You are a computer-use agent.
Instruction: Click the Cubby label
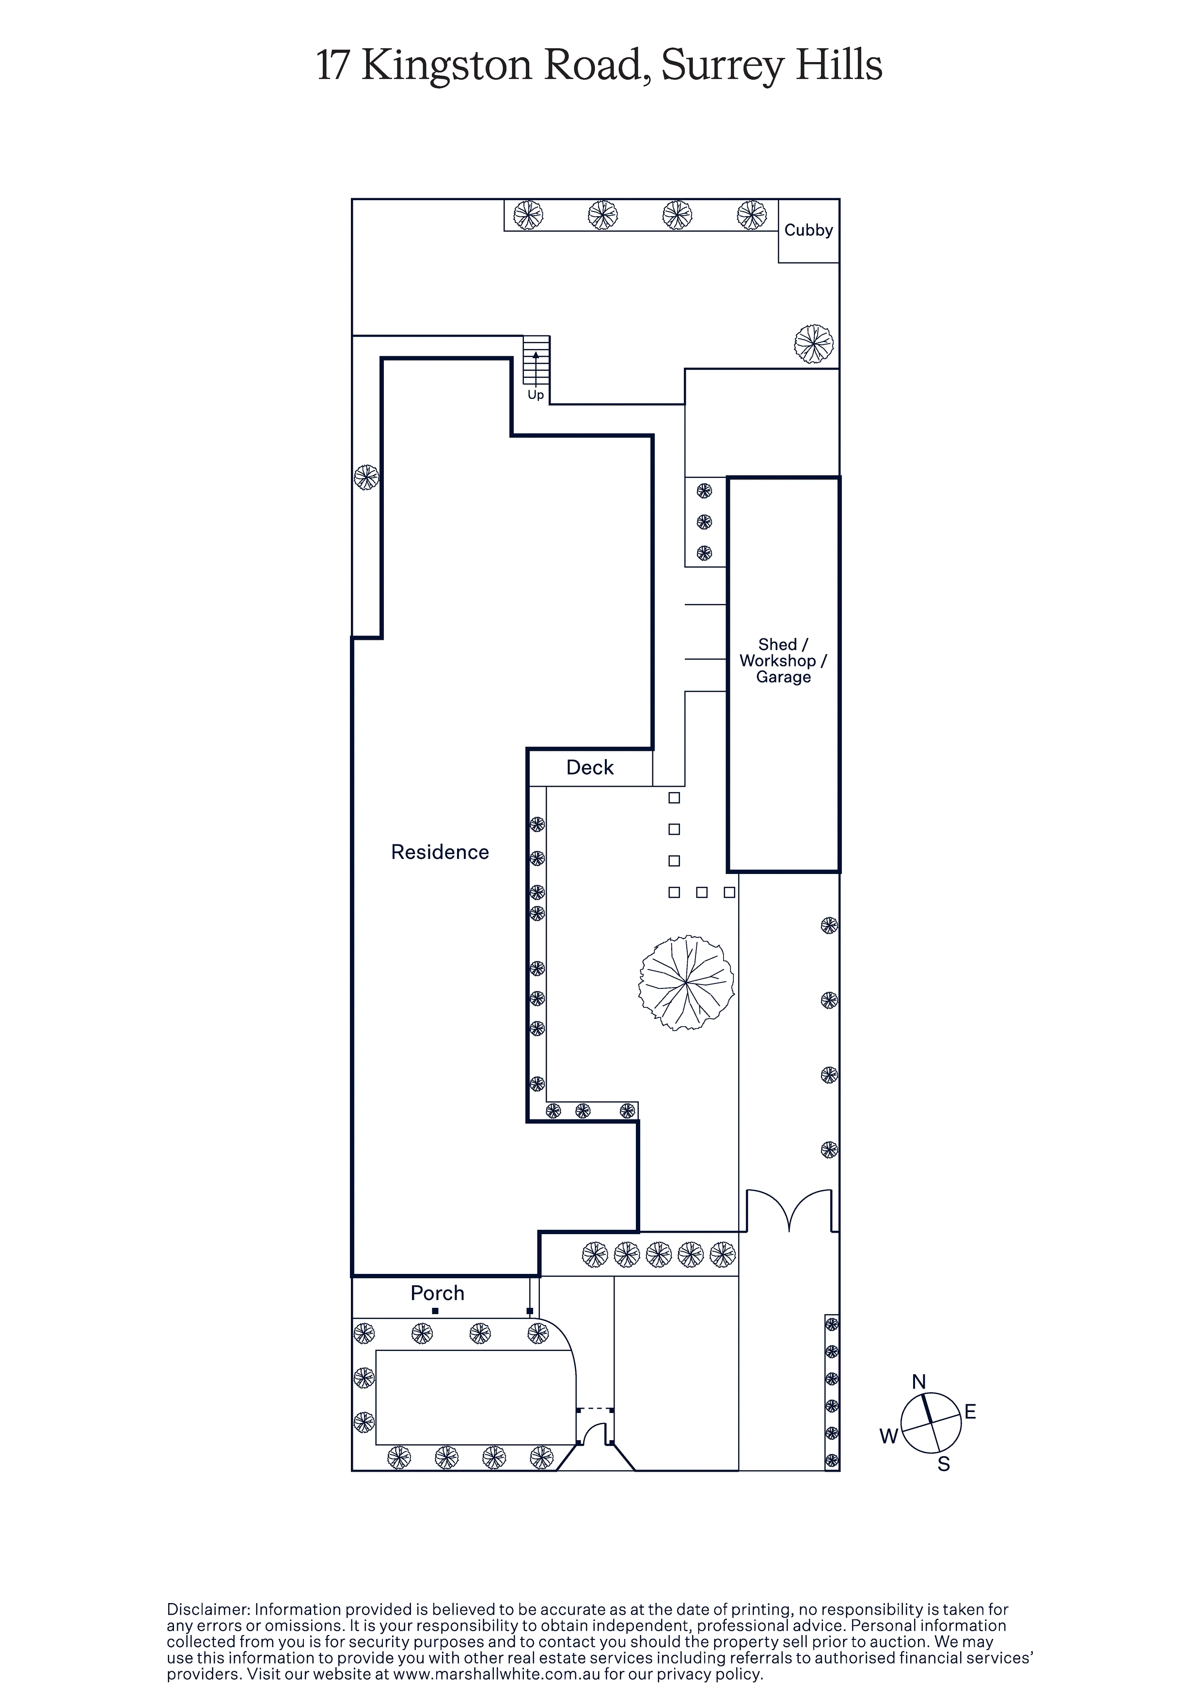[808, 230]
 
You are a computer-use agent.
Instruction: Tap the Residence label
[440, 852]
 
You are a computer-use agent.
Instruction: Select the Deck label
[590, 768]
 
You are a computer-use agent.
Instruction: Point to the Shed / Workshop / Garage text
[783, 660]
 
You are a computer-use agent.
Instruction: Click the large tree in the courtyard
[686, 983]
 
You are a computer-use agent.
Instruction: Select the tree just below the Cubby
[814, 344]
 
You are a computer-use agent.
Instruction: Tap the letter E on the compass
[970, 1412]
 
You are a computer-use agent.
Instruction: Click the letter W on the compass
[888, 1436]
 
